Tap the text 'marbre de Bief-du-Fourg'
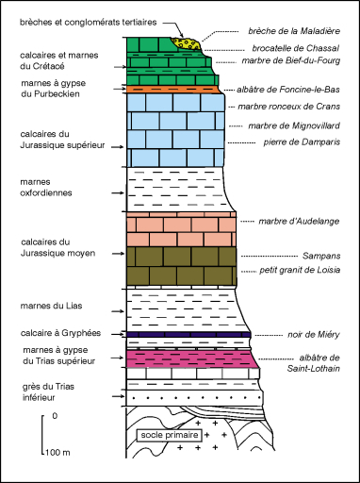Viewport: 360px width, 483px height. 292,62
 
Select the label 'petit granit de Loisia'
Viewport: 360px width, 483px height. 299,271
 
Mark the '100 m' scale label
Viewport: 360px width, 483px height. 57,454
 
